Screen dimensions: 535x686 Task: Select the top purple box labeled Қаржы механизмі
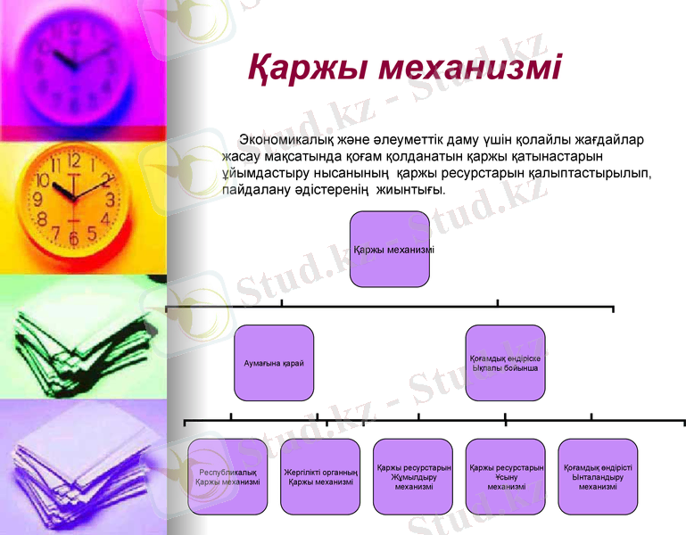[x=390, y=249]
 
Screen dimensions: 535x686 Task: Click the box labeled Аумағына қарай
[x=275, y=363]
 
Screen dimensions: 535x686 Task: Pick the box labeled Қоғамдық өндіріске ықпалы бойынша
[x=505, y=363]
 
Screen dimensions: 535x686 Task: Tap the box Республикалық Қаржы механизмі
[x=227, y=476]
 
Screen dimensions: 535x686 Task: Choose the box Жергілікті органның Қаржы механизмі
[x=320, y=476]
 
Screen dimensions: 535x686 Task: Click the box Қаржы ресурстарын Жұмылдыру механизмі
[x=413, y=476]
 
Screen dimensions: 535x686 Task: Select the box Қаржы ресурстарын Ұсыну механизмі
[x=506, y=476]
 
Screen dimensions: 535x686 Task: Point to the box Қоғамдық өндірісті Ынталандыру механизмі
[x=598, y=476]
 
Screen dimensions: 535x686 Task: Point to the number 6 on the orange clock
[x=71, y=238]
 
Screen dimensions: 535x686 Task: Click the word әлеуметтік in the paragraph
[x=437, y=140]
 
